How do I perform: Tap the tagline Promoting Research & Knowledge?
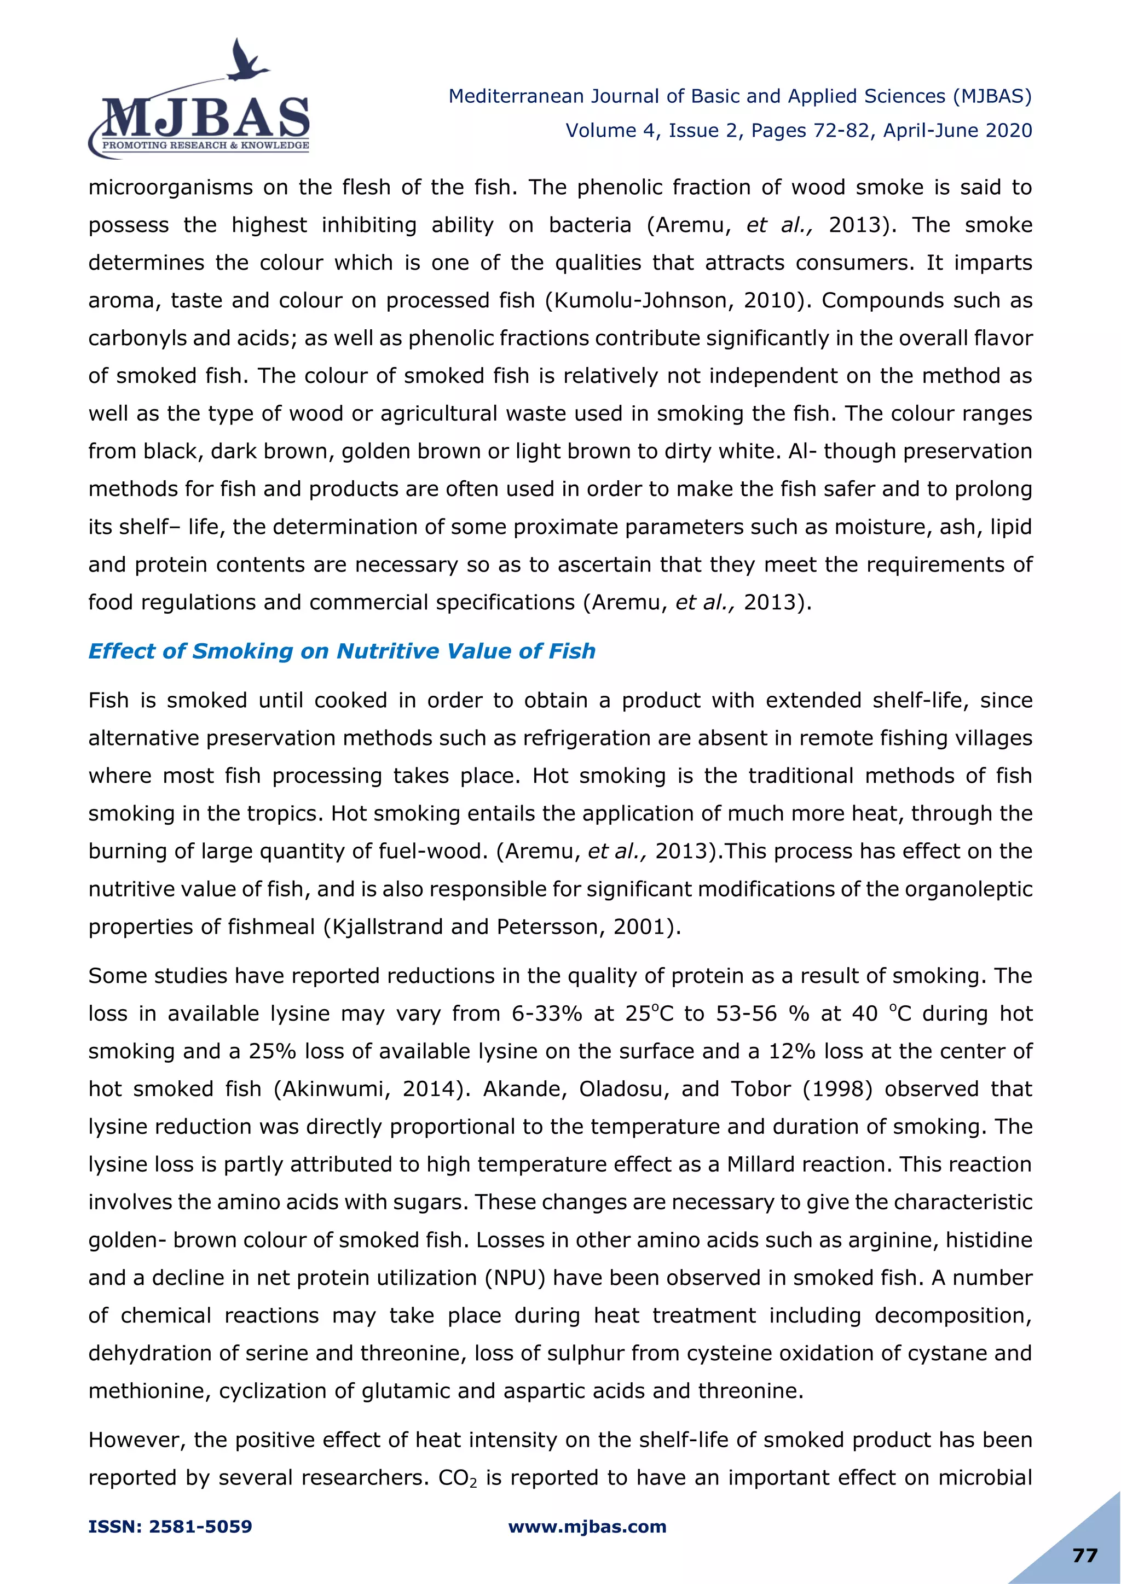(x=205, y=145)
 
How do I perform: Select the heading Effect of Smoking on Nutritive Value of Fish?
(x=342, y=651)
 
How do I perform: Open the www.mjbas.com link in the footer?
(x=587, y=1527)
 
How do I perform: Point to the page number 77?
(x=1085, y=1555)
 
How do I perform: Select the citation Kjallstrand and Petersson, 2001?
(x=502, y=927)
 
